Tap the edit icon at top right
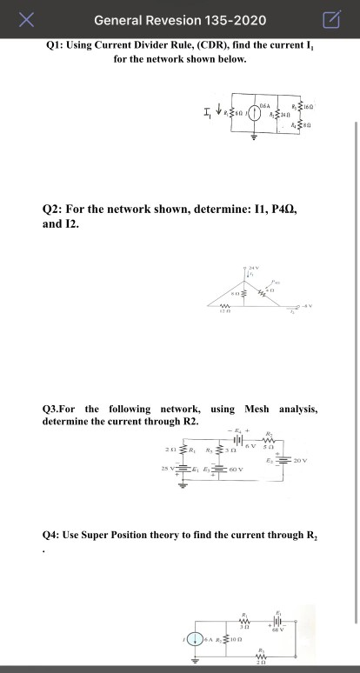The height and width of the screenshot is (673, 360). click(331, 20)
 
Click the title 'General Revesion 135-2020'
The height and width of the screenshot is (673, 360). click(180, 20)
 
